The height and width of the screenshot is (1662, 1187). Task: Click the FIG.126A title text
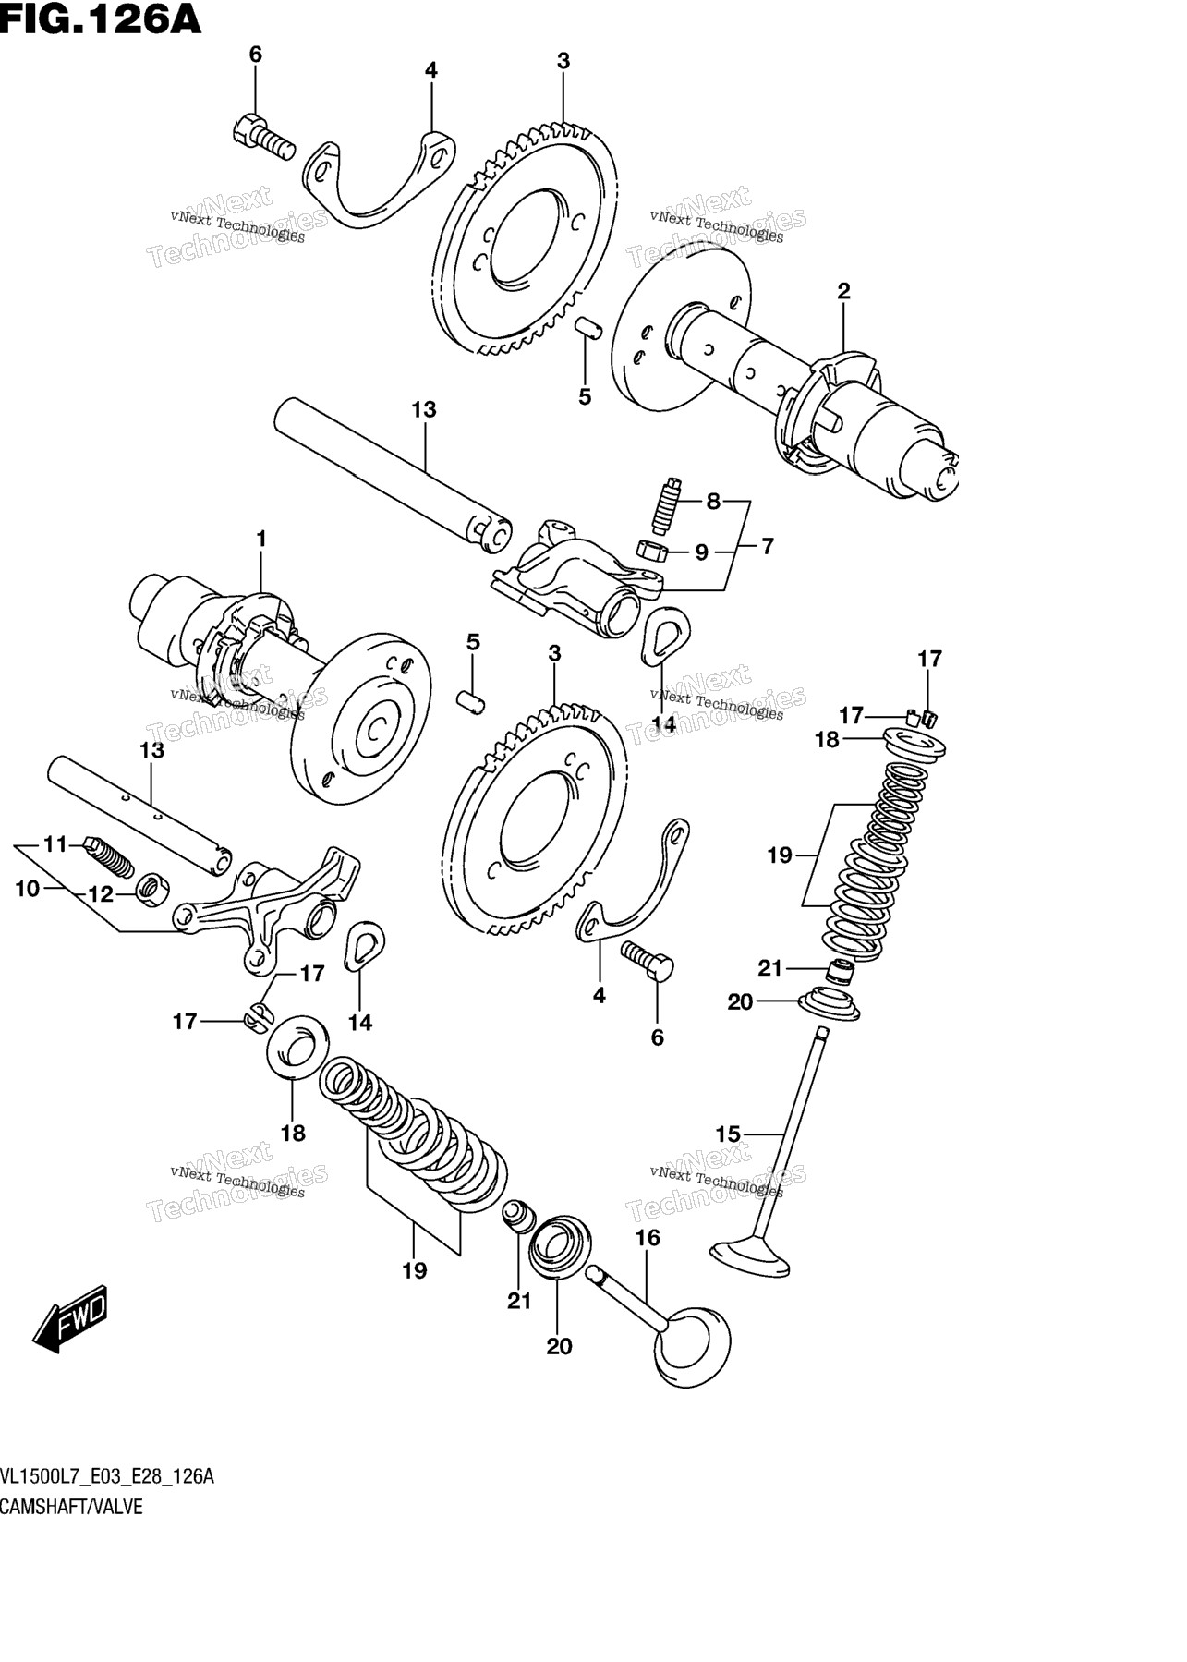[101, 18]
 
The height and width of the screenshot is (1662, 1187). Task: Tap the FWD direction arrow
[72, 1318]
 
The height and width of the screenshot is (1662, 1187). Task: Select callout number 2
[843, 292]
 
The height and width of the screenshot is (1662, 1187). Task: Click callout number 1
[261, 539]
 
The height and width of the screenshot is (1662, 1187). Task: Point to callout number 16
[648, 1237]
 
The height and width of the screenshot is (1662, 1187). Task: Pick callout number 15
[728, 1134]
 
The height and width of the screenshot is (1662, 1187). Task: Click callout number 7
[768, 546]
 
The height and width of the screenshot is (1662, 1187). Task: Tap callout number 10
[28, 889]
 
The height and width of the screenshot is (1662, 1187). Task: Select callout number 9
[702, 552]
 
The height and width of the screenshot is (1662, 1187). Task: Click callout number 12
[100, 894]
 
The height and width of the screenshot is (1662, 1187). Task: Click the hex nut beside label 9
[654, 551]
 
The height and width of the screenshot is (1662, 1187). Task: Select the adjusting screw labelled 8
[665, 505]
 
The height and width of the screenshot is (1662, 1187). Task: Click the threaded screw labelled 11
[109, 855]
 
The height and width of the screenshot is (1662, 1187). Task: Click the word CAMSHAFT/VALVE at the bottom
[71, 1507]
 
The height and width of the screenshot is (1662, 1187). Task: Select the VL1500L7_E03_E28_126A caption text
[107, 1476]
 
